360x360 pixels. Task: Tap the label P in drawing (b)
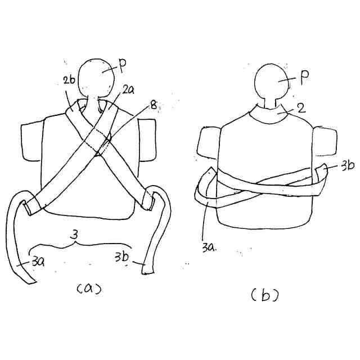click(304, 78)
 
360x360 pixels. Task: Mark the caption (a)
click(88, 289)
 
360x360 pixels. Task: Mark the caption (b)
click(265, 294)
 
